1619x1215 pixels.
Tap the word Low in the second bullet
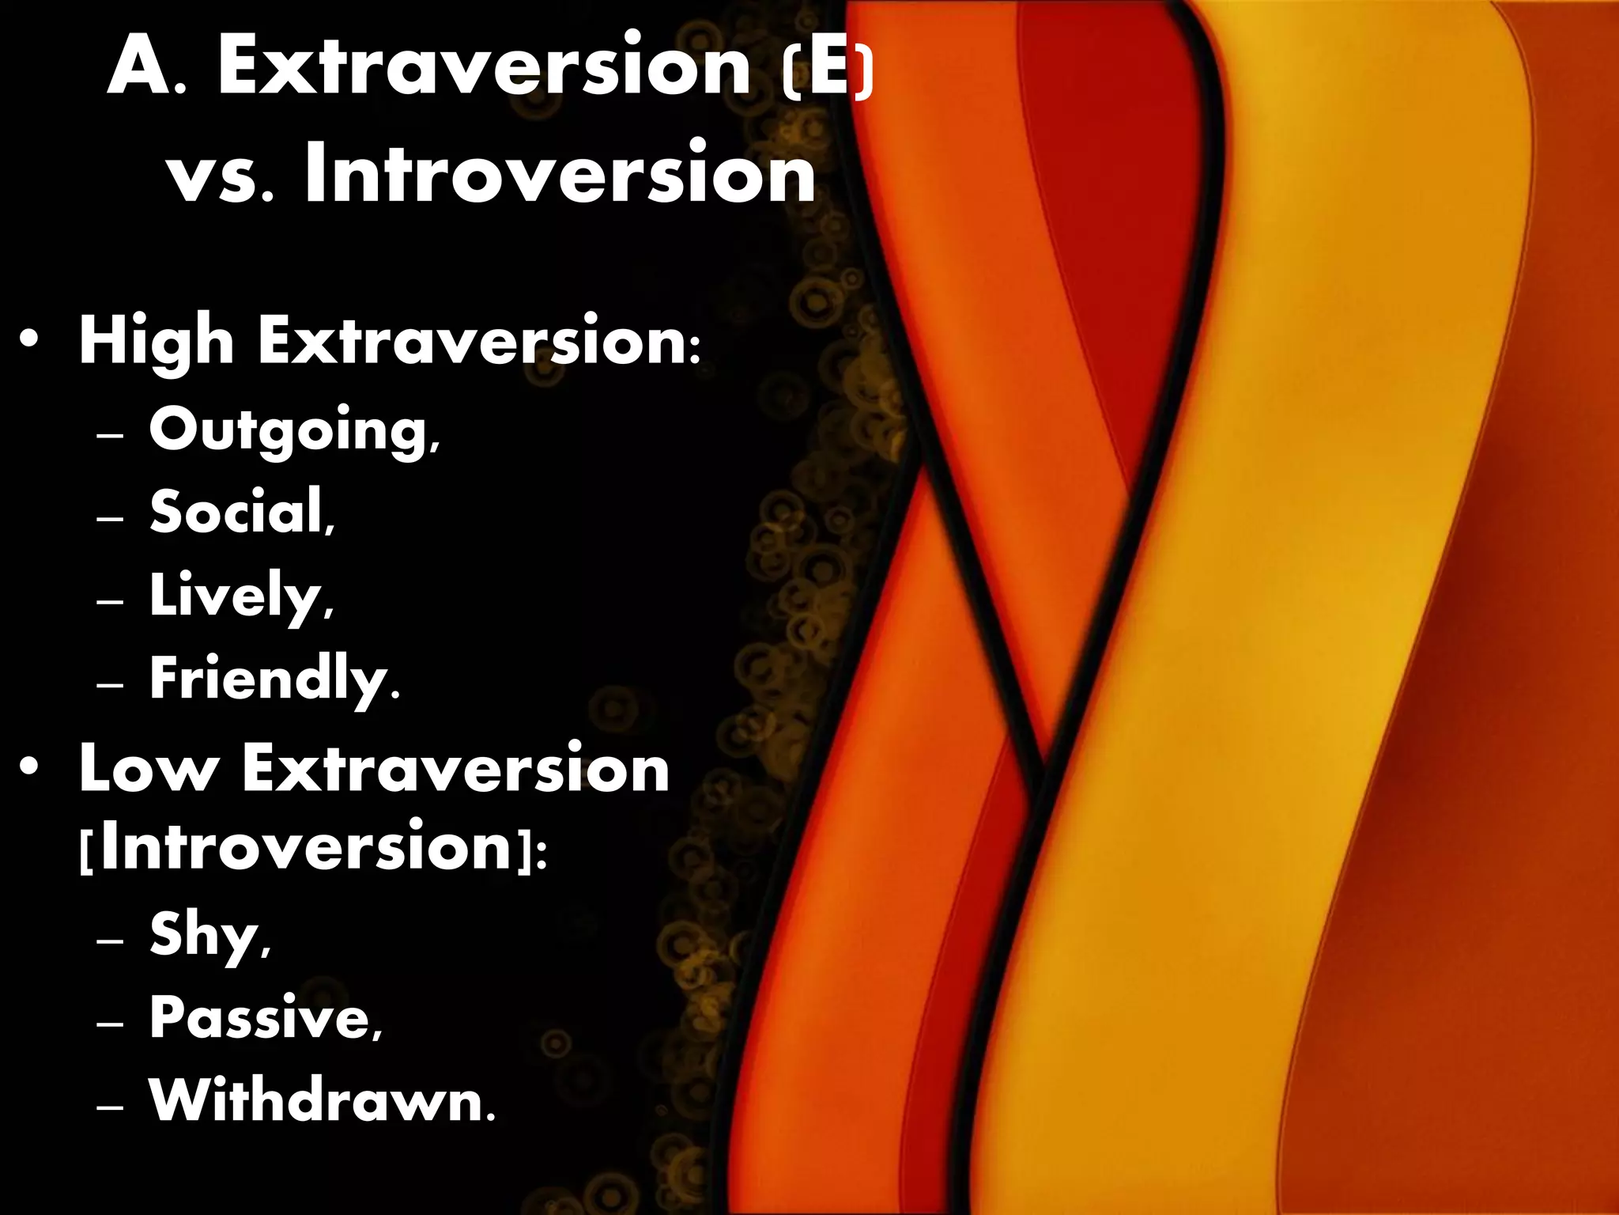[147, 769]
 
